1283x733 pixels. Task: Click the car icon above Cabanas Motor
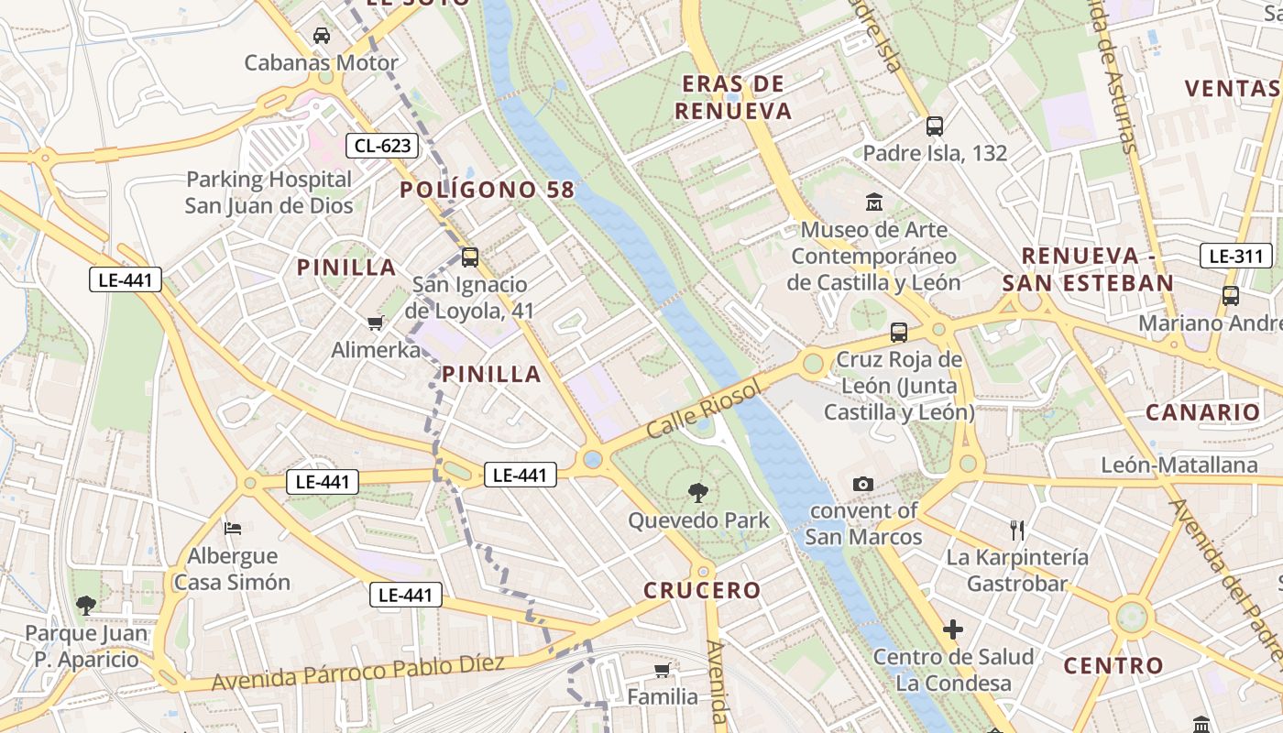click(322, 36)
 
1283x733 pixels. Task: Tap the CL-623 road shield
click(382, 145)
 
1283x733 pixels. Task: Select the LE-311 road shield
click(1236, 257)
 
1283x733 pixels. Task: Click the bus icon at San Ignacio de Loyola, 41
click(470, 257)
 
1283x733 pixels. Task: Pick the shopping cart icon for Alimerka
click(375, 323)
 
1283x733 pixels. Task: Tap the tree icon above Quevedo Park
click(698, 493)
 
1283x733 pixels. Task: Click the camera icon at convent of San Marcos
click(862, 484)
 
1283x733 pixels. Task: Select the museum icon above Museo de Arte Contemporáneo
click(874, 202)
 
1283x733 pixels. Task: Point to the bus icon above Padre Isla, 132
click(935, 126)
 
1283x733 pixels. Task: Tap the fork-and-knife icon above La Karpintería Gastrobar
click(1016, 530)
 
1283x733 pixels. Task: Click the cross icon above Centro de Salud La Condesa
click(953, 629)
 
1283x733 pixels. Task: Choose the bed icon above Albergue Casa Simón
click(233, 528)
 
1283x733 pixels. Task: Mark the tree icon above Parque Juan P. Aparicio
click(86, 605)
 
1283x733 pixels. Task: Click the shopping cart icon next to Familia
click(662, 671)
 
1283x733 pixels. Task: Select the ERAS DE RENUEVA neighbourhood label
click(732, 97)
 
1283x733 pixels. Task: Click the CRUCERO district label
click(702, 590)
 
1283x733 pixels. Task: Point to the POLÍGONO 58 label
click(487, 190)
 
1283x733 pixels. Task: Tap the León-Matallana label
click(1179, 465)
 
